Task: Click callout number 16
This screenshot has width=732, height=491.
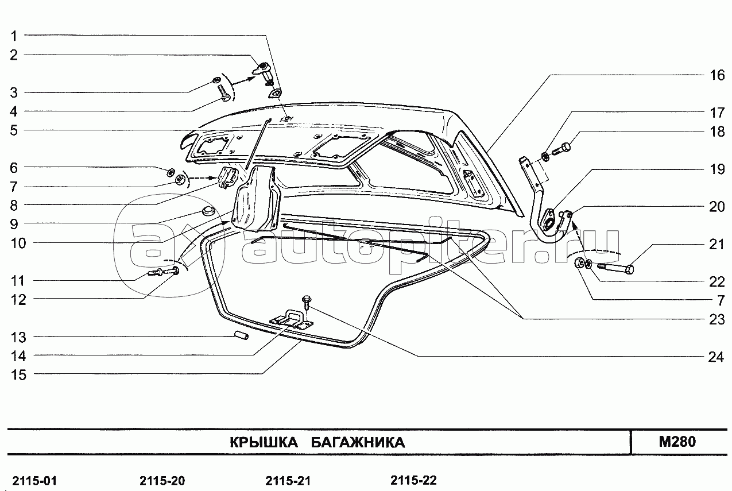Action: (716, 75)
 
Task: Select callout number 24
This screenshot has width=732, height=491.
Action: (716, 357)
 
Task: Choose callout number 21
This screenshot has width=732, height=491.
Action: (716, 245)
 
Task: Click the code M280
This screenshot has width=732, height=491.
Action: (677, 442)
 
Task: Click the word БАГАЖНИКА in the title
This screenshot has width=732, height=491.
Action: (358, 443)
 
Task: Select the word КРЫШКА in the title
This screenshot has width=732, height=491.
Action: (264, 443)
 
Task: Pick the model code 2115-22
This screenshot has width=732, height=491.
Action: (413, 480)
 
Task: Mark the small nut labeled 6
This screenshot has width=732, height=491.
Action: (171, 171)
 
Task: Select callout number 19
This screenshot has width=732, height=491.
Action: (716, 169)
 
